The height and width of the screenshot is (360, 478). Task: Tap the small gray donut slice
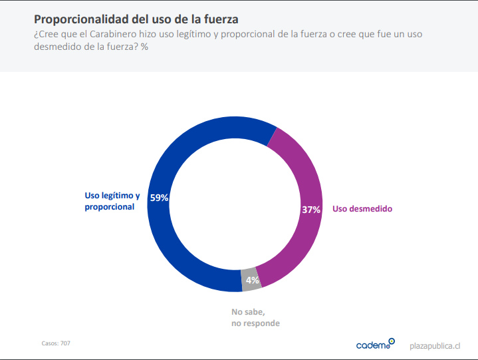click(251, 279)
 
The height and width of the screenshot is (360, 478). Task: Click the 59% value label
click(159, 198)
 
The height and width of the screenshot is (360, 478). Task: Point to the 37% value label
click(311, 209)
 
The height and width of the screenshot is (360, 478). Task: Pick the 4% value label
click(252, 280)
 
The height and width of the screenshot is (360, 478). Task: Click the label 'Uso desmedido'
click(362, 209)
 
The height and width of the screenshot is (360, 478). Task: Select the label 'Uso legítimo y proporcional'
click(112, 201)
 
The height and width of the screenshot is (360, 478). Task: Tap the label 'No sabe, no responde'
click(255, 317)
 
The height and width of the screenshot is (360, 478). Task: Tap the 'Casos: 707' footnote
click(56, 343)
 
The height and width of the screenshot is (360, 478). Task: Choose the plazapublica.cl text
click(435, 345)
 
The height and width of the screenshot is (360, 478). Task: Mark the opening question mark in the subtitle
click(36, 33)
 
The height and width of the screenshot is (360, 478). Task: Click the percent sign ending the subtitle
click(144, 47)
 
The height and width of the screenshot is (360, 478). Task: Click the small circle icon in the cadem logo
click(392, 341)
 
